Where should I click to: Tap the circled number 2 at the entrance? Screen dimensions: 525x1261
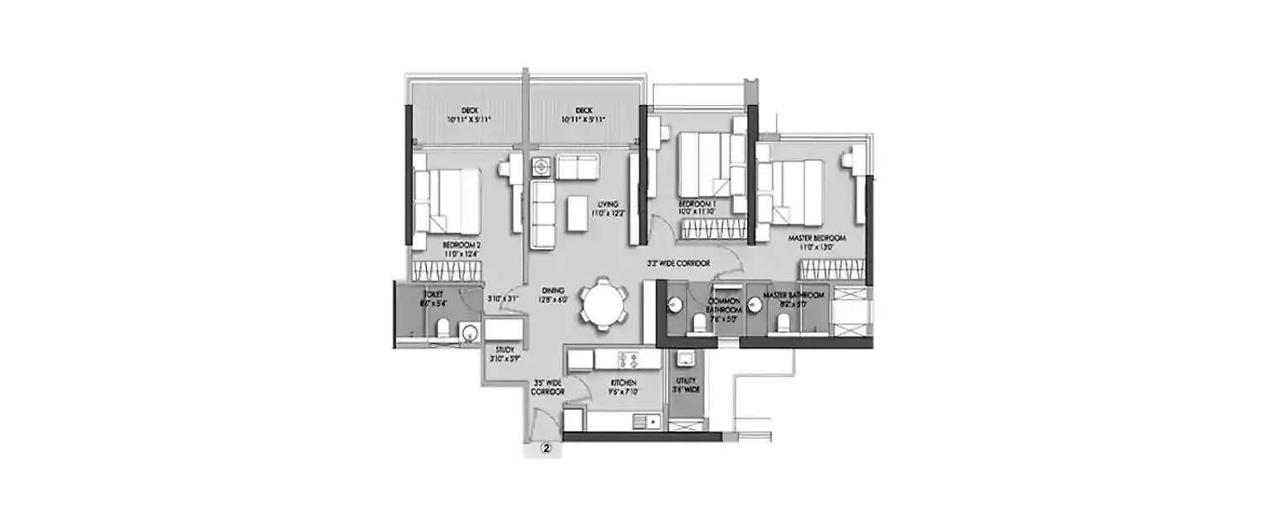point(546,449)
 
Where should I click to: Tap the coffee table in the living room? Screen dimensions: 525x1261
point(578,212)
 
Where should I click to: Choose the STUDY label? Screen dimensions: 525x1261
point(505,353)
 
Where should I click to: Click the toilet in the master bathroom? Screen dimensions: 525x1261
point(784,323)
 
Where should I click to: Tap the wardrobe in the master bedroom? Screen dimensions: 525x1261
point(831,270)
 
